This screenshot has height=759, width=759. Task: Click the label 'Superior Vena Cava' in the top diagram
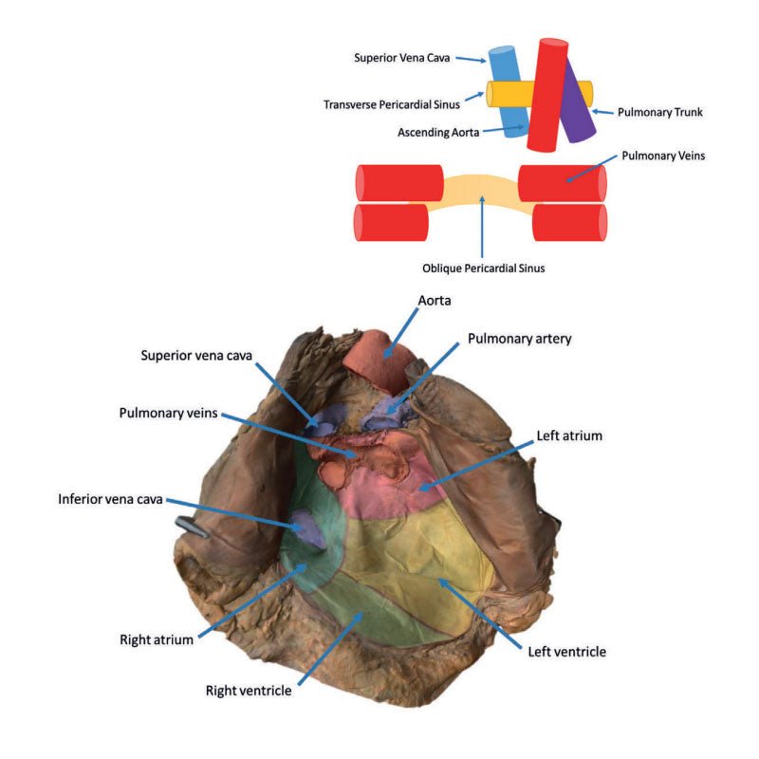(x=402, y=56)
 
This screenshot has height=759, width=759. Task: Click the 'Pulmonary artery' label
(x=519, y=339)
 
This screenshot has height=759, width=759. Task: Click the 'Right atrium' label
(x=157, y=639)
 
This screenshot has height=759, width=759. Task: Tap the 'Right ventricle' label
(x=249, y=690)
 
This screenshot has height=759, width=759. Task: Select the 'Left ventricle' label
(x=565, y=652)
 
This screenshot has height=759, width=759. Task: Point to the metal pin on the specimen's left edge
(x=193, y=527)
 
